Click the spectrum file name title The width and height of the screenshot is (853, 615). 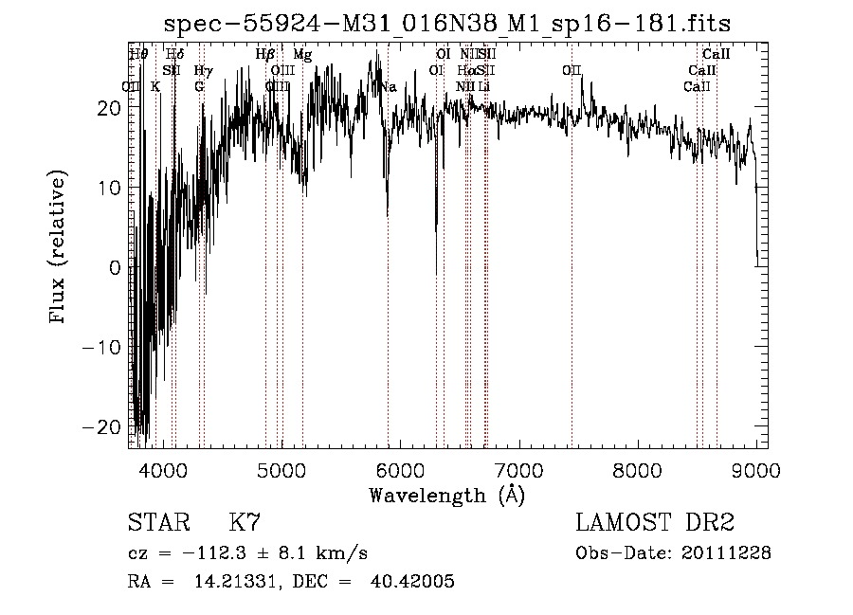[x=447, y=23]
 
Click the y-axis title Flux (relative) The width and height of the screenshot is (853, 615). [x=59, y=248]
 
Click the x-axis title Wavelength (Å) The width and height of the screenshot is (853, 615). [x=446, y=495]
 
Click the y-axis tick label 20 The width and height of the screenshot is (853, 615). [x=109, y=108]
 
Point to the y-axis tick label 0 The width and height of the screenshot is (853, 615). [x=115, y=267]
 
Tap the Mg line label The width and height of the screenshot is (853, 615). [x=302, y=55]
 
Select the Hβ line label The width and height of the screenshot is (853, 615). [x=265, y=55]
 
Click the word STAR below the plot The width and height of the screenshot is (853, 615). [x=156, y=523]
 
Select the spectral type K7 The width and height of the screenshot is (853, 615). [x=245, y=523]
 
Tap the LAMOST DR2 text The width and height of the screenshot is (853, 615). [x=655, y=523]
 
